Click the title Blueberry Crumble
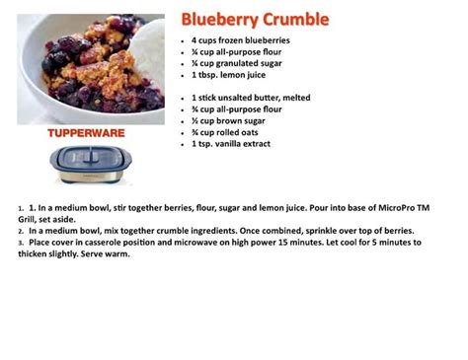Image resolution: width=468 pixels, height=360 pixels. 255,20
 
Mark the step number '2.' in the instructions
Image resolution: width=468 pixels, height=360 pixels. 22,231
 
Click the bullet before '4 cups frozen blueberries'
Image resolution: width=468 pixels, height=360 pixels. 184,41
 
